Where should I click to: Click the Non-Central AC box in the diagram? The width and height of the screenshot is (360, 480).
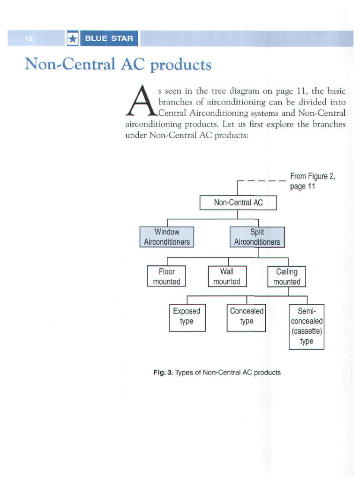click(x=238, y=203)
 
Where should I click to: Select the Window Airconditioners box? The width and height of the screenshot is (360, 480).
click(x=167, y=237)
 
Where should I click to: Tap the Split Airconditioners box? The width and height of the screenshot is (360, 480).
click(x=257, y=237)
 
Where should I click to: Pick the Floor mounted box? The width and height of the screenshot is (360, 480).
click(x=166, y=276)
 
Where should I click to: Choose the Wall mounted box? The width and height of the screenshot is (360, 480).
click(x=227, y=276)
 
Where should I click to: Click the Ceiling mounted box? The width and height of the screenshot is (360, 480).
click(x=286, y=277)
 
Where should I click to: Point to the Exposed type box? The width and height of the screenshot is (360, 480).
click(x=187, y=316)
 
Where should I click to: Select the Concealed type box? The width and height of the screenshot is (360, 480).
click(x=247, y=316)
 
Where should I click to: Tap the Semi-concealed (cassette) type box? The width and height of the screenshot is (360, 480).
click(x=306, y=326)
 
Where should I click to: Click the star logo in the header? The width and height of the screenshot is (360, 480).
click(x=73, y=38)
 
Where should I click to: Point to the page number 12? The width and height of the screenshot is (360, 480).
click(x=29, y=39)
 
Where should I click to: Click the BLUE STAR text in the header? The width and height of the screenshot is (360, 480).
click(x=109, y=38)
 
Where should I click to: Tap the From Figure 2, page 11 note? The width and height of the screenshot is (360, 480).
click(x=313, y=181)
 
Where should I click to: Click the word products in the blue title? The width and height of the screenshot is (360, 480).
click(x=180, y=65)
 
